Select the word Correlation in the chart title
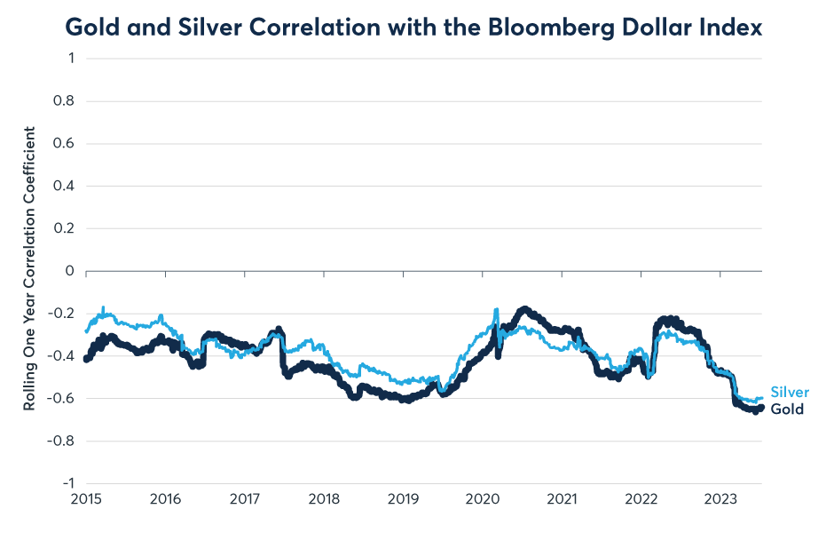pos(324,28)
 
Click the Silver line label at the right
pos(789,393)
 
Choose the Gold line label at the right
pos(787,410)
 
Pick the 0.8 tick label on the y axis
pos(65,101)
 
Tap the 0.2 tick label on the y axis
pos(65,228)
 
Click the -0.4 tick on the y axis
pos(62,356)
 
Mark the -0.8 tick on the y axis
pos(62,441)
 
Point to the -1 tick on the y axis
pos(67,483)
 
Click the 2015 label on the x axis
pos(85,500)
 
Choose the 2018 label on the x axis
pos(323,500)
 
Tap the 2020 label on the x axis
pos(482,500)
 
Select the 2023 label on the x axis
pos(720,500)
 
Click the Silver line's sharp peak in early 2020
pos(496,309)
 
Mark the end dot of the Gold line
pos(760,408)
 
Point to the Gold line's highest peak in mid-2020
pos(525,309)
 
